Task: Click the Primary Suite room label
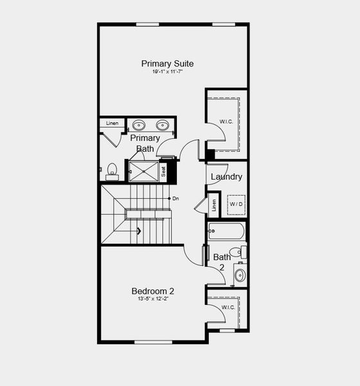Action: point(167,64)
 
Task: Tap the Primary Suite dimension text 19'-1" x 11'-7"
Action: point(167,71)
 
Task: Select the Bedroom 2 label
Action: point(153,291)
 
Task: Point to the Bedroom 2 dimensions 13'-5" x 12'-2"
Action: point(153,299)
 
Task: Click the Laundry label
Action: point(226,177)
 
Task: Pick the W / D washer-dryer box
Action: point(237,204)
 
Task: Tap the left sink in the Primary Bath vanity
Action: point(139,125)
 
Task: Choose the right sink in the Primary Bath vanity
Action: point(163,125)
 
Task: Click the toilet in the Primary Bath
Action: point(112,170)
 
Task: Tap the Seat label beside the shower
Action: point(163,171)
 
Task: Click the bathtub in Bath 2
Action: point(226,230)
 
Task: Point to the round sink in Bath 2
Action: point(239,275)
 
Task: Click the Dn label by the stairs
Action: point(175,198)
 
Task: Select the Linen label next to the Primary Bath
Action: point(112,123)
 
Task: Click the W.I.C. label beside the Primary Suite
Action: point(226,121)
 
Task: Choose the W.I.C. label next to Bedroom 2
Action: point(228,308)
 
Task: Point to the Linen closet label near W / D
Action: point(215,206)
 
